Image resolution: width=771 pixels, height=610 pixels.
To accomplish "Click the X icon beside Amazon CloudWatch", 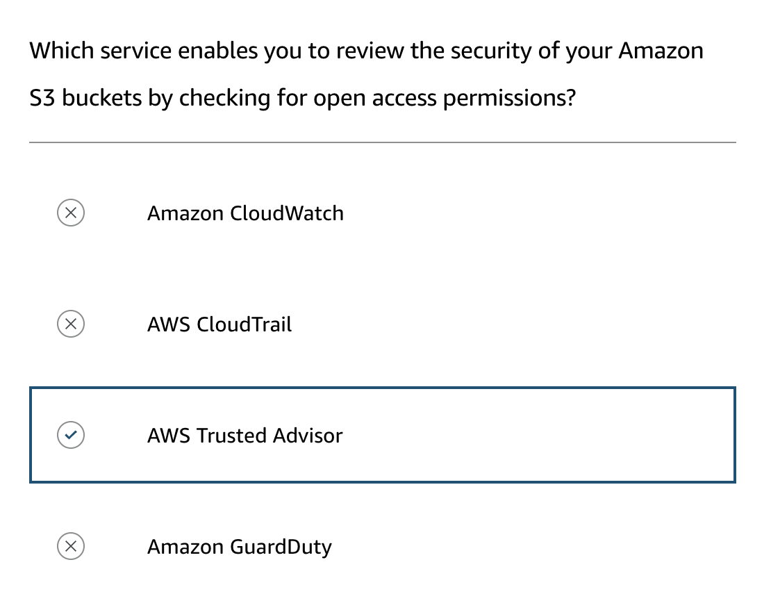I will (71, 213).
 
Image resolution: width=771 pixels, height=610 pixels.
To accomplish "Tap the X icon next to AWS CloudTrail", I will (71, 324).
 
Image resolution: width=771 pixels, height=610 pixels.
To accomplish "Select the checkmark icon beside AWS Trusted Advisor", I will (71, 435).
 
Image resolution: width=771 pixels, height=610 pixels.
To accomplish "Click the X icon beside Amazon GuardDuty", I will (71, 546).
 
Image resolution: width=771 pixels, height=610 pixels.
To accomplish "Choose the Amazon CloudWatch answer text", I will (245, 213).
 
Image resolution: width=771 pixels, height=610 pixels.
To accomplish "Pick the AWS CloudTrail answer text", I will (219, 324).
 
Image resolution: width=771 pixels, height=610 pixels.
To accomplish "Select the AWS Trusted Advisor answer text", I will (245, 436).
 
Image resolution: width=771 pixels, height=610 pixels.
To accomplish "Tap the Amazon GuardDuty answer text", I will (240, 547).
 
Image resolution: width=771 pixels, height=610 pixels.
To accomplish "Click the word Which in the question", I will (61, 51).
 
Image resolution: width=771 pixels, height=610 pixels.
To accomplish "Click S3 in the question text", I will (42, 98).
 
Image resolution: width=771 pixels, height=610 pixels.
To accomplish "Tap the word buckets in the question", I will (101, 98).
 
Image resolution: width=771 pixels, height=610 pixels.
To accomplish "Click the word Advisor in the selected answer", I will (308, 436).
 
